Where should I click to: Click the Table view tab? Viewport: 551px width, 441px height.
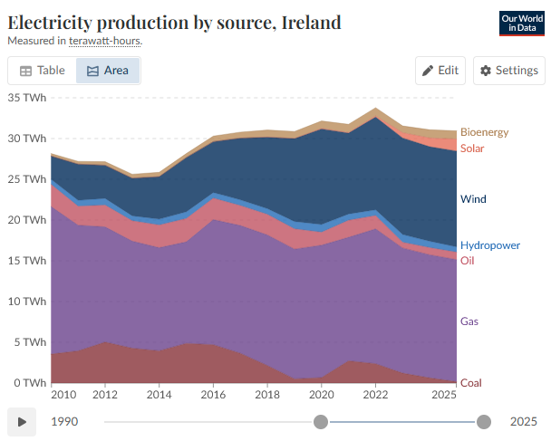click(x=43, y=71)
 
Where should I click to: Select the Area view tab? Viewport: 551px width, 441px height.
click(x=108, y=71)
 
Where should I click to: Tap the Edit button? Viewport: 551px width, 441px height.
click(x=440, y=71)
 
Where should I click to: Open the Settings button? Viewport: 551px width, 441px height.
click(x=508, y=71)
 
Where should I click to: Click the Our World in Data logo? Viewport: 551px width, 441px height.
click(x=522, y=24)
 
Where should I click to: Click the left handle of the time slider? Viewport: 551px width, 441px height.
click(x=321, y=422)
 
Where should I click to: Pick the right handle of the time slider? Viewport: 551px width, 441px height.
click(x=484, y=422)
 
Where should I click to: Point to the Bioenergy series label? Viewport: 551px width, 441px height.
click(x=484, y=132)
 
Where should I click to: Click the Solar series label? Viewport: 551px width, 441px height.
click(x=472, y=149)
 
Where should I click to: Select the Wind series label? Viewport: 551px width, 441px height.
click(x=473, y=199)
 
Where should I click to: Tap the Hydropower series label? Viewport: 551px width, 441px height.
click(x=490, y=245)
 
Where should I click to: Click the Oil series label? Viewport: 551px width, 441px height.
click(x=467, y=261)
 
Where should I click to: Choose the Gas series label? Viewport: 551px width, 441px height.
click(x=469, y=321)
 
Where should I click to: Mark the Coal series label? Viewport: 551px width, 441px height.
click(x=471, y=383)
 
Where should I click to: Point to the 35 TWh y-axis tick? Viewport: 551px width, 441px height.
click(x=27, y=98)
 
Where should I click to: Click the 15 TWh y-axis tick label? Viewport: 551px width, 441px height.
click(x=27, y=261)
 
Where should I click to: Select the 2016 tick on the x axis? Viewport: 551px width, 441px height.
click(x=213, y=395)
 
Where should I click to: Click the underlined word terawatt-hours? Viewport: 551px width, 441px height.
click(x=105, y=41)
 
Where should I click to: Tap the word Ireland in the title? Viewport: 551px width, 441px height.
click(x=312, y=23)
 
